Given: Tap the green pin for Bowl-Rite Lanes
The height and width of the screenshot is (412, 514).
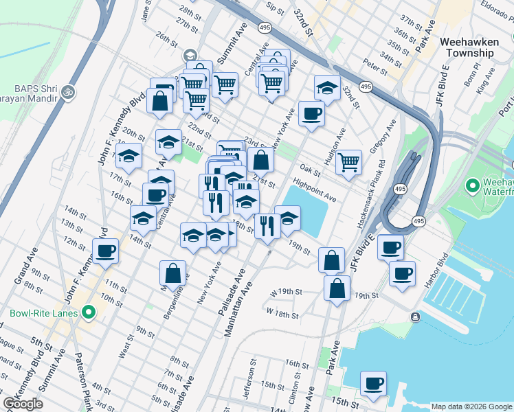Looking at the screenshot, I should point(88,314).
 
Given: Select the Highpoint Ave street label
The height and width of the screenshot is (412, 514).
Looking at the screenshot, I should point(314,191).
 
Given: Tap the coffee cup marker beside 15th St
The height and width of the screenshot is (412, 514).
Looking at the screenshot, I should point(374,384).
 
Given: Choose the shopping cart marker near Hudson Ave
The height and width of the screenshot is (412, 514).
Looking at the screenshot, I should point(349,162).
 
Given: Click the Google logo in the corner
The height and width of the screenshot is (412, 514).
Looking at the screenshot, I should point(23,404).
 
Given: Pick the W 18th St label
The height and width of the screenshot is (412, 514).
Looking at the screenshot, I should point(282,314).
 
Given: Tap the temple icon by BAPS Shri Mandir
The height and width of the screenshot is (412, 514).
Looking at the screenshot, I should point(67,91).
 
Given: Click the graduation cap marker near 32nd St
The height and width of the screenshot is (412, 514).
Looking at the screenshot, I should point(327,87).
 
